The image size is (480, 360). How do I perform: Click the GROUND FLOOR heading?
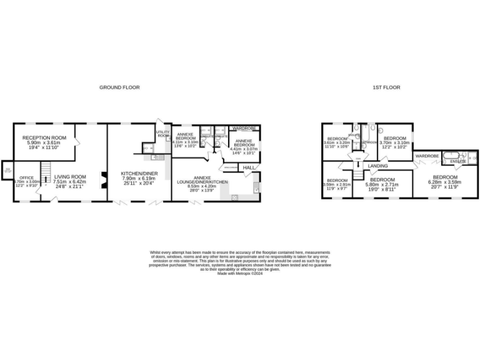119,87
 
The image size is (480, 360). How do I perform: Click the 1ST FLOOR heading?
387,87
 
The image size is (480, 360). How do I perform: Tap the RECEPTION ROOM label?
44,137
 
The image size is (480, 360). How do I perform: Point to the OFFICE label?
26,177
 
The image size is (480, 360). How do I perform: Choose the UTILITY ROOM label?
163,134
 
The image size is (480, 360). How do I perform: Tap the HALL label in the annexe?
248,167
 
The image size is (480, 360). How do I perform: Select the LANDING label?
378,166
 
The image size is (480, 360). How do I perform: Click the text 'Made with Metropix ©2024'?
240,273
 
